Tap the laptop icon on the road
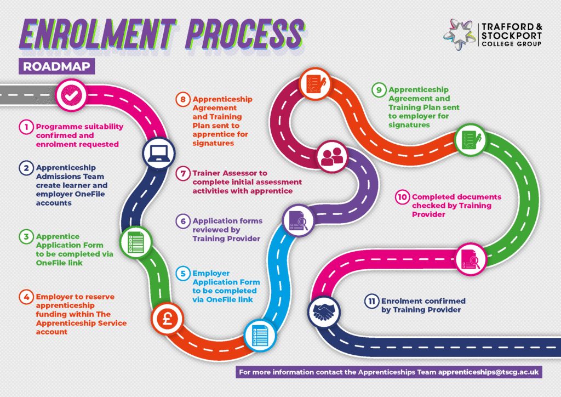pyautogui.click(x=159, y=152)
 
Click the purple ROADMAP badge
pyautogui.click(x=57, y=66)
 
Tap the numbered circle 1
pyautogui.click(x=26, y=127)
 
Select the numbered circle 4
pyautogui.click(x=26, y=297)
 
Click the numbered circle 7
pyautogui.click(x=182, y=173)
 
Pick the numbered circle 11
pyautogui.click(x=372, y=301)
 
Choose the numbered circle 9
pyautogui.click(x=378, y=89)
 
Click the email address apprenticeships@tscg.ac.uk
pyautogui.click(x=489, y=372)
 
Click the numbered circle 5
pyautogui.click(x=182, y=273)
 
